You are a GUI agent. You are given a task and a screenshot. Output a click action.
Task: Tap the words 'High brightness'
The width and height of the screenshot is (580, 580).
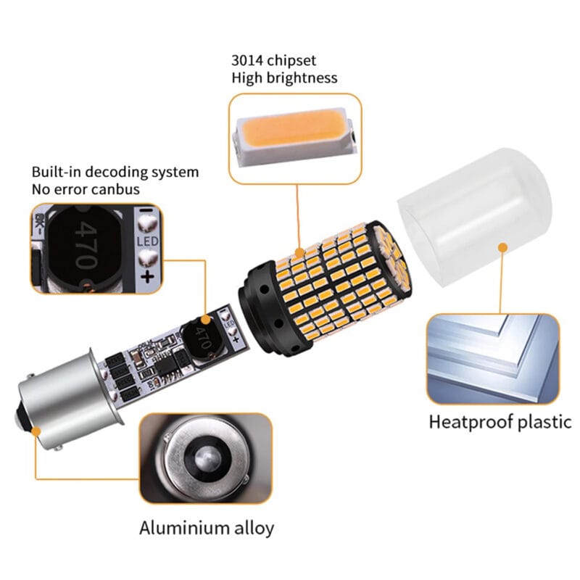pyautogui.click(x=284, y=78)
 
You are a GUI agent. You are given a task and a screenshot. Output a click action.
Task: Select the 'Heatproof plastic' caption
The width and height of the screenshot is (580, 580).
pyautogui.click(x=500, y=421)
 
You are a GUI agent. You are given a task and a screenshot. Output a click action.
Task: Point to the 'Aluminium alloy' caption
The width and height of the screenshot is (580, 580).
pyautogui.click(x=207, y=527)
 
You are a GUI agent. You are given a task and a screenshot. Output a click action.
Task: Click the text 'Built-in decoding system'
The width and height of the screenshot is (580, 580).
pyautogui.click(x=115, y=173)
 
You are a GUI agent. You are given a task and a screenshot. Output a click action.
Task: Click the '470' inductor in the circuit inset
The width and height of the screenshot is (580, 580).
pyautogui.click(x=86, y=246)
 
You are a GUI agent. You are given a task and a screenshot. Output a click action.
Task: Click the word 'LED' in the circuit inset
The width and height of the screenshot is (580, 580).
pyautogui.click(x=148, y=239)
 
